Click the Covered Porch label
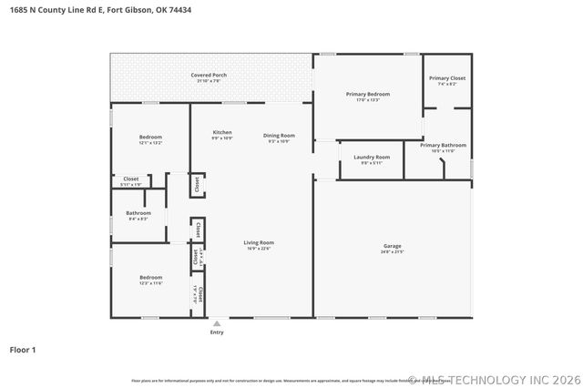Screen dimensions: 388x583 click(209, 75)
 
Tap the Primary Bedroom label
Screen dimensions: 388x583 click(368, 94)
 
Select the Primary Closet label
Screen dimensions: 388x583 click(447, 78)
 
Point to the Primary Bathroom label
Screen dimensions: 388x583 click(443, 145)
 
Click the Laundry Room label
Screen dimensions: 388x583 click(371, 157)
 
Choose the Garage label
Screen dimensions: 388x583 click(393, 246)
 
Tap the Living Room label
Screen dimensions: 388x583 click(259, 242)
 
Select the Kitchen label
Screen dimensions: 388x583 click(222, 132)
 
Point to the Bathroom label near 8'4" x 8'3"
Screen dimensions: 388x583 click(138, 213)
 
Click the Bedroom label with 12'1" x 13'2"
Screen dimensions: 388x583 click(150, 137)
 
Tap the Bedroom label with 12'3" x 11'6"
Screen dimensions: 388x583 click(150, 277)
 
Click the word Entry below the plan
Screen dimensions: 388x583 click(217, 332)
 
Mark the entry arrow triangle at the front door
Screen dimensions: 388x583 click(217, 322)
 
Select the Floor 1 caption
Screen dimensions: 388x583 click(24, 349)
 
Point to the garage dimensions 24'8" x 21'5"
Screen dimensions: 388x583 click(393, 251)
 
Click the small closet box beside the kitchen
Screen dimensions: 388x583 click(197, 185)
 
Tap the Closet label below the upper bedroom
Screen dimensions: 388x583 click(131, 179)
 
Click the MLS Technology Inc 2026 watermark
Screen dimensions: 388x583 click(493, 379)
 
